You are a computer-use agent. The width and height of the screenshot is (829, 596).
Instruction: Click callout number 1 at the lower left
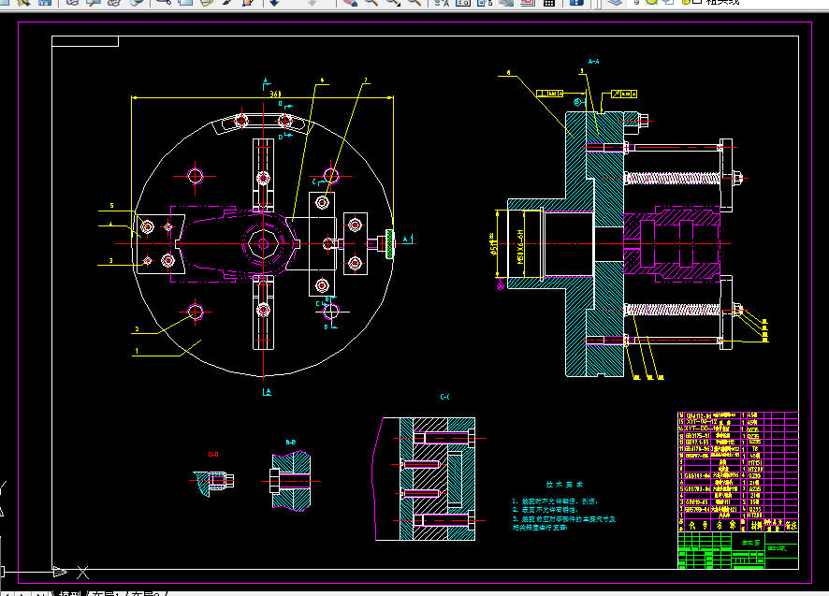click(x=137, y=352)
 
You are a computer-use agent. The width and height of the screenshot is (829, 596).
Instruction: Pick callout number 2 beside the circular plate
click(x=137, y=329)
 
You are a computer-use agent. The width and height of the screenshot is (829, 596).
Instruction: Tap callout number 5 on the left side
click(x=110, y=205)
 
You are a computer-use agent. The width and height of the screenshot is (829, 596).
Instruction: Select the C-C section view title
click(x=445, y=398)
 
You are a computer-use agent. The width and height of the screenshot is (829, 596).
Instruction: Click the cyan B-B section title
click(x=291, y=442)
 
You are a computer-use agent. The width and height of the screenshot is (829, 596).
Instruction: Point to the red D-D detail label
click(x=213, y=454)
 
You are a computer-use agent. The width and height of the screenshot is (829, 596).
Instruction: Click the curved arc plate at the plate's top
click(x=255, y=120)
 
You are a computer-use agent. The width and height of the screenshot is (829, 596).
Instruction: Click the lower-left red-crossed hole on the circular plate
click(x=195, y=312)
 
